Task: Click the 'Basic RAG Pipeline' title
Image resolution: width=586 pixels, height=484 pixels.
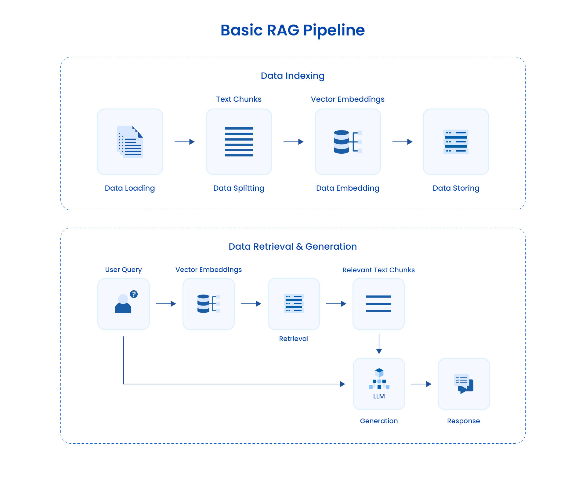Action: (292, 30)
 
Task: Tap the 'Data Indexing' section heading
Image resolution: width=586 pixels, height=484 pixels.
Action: (292, 76)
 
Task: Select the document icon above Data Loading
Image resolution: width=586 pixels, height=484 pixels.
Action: (130, 142)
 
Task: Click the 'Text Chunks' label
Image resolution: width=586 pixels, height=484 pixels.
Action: (239, 99)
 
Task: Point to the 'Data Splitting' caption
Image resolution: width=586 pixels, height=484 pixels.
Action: (239, 188)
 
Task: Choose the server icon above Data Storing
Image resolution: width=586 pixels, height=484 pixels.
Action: (456, 142)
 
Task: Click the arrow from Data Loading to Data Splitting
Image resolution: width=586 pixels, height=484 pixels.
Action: (184, 142)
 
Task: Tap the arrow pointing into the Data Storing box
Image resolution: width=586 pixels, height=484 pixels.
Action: (402, 142)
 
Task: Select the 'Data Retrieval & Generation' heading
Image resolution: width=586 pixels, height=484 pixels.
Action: (292, 247)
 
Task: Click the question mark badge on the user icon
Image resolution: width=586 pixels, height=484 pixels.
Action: (134, 294)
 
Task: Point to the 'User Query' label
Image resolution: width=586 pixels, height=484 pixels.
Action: (123, 270)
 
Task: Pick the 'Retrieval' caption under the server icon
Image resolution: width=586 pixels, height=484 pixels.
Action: (294, 339)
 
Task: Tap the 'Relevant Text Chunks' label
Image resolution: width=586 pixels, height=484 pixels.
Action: (378, 270)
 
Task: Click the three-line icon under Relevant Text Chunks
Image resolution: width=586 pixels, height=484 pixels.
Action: (378, 304)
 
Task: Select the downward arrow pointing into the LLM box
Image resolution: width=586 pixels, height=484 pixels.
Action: (379, 344)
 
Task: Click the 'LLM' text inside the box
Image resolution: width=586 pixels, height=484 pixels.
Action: (379, 396)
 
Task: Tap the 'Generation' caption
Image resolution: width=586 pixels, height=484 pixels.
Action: (379, 421)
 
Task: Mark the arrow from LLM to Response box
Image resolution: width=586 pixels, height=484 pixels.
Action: (421, 384)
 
